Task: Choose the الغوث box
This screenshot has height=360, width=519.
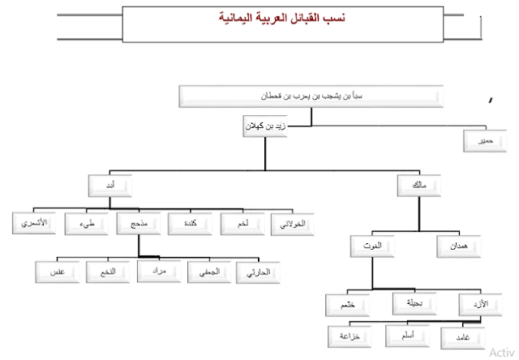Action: coord(374,243)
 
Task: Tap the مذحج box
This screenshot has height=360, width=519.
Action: coord(136,222)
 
